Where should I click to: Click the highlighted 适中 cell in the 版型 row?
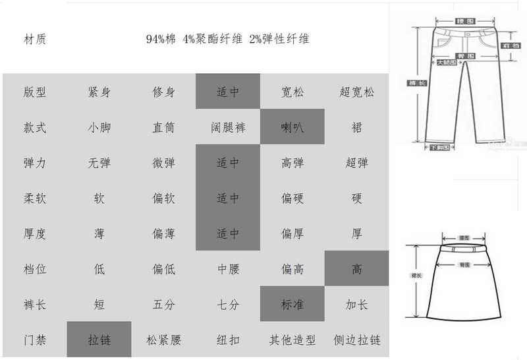click(x=228, y=92)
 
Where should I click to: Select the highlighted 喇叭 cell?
click(x=292, y=127)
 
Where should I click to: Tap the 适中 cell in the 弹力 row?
click(x=228, y=163)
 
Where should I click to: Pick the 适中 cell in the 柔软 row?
click(x=228, y=198)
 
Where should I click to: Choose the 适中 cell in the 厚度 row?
click(x=228, y=234)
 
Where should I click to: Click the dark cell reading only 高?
click(x=356, y=269)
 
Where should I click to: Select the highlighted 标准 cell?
click(x=292, y=305)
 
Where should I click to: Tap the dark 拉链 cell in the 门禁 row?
click(x=99, y=340)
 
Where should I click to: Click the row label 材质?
click(x=34, y=39)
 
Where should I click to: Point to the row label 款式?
click(x=34, y=127)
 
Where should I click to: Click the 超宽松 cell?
click(x=356, y=92)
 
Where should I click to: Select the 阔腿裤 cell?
click(x=228, y=127)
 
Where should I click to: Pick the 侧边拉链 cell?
click(x=356, y=340)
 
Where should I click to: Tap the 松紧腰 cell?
click(x=163, y=340)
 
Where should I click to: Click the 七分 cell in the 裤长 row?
click(x=228, y=305)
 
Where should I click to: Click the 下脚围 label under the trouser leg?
click(x=439, y=148)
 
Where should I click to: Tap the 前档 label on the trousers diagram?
click(x=508, y=45)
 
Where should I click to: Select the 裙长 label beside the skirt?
click(x=416, y=275)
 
